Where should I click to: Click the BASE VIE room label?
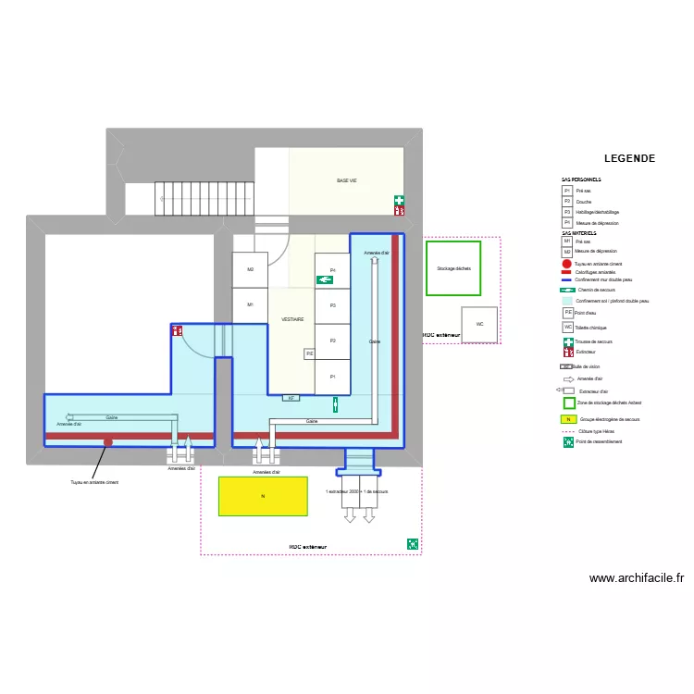[x=347, y=180]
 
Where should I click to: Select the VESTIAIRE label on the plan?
[x=292, y=319]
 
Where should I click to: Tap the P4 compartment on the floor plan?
[x=332, y=270]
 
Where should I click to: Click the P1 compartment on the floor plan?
[x=332, y=376]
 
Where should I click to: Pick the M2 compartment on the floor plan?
[x=250, y=269]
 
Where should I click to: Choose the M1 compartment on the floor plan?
[x=250, y=304]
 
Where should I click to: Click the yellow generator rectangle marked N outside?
[x=263, y=496]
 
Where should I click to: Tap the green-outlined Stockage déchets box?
[x=453, y=268]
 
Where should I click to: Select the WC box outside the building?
[x=479, y=325]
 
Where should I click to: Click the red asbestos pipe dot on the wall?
[x=108, y=442]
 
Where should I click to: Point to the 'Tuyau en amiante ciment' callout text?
[x=94, y=482]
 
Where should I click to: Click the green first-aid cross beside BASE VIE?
[x=399, y=200]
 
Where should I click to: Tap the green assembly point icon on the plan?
[x=412, y=544]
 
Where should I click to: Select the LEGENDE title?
[x=629, y=158]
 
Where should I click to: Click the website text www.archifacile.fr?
[x=636, y=578]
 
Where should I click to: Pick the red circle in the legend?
[x=566, y=264]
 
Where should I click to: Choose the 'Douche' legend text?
[x=584, y=201]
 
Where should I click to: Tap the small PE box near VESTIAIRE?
[x=310, y=353]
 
